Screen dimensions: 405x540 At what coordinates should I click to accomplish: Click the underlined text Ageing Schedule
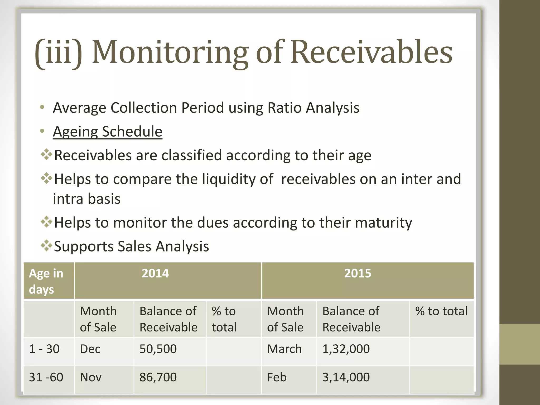(x=108, y=132)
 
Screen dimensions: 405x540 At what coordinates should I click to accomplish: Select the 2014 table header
(x=155, y=273)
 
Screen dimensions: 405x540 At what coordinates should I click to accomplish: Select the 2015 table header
(x=358, y=273)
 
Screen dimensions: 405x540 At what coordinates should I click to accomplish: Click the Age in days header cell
(x=46, y=281)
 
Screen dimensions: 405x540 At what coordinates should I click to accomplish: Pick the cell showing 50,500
(x=158, y=349)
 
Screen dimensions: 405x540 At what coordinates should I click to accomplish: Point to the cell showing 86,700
(x=158, y=377)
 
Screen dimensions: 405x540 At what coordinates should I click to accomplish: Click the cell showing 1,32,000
(x=346, y=349)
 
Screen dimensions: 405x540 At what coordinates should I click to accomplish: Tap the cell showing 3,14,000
(x=346, y=377)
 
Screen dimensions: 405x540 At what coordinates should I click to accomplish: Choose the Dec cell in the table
(x=90, y=349)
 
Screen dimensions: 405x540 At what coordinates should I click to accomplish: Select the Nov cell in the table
(x=91, y=377)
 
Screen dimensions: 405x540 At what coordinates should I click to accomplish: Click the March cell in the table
(x=284, y=349)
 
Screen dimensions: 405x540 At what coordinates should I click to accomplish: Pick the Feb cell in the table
(x=277, y=377)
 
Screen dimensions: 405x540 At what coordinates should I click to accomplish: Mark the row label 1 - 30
(x=44, y=349)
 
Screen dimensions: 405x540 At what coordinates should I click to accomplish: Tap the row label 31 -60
(x=46, y=377)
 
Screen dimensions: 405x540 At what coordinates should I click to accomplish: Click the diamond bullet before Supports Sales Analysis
(x=46, y=245)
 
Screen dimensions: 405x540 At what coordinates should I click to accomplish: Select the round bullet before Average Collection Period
(x=42, y=107)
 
